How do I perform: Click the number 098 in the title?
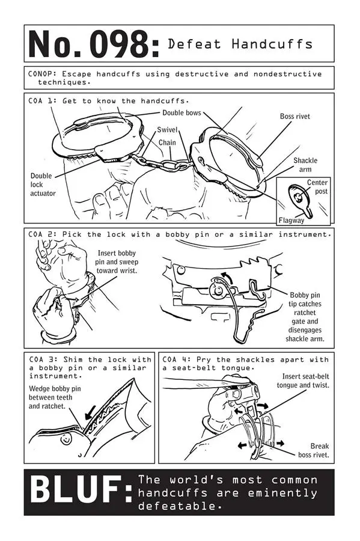click(124, 44)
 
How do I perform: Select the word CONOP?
click(41, 74)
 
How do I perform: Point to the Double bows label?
click(182, 113)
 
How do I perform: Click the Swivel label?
click(167, 129)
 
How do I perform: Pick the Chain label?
click(167, 142)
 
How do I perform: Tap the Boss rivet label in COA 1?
click(294, 116)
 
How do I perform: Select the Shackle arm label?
click(305, 165)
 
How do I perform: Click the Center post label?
click(317, 186)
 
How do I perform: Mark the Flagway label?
click(291, 220)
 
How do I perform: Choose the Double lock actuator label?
click(43, 185)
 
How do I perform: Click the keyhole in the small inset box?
click(299, 198)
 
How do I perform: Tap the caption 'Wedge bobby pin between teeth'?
click(53, 397)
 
